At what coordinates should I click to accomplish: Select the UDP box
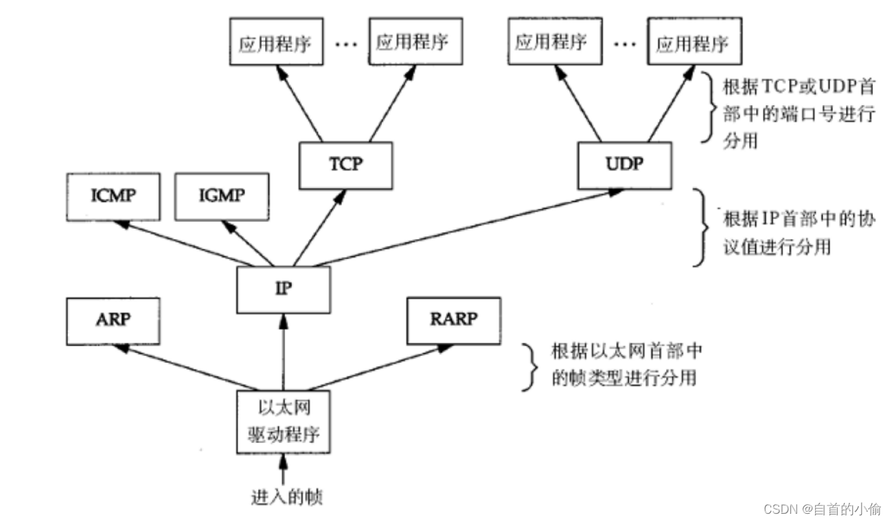click(624, 165)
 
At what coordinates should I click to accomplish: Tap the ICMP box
click(113, 196)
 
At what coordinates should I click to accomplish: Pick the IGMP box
click(222, 196)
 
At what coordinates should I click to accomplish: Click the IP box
click(283, 289)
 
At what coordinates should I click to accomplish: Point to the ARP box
click(113, 321)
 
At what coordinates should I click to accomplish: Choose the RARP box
click(453, 321)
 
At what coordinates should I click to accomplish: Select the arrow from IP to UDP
click(460, 229)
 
